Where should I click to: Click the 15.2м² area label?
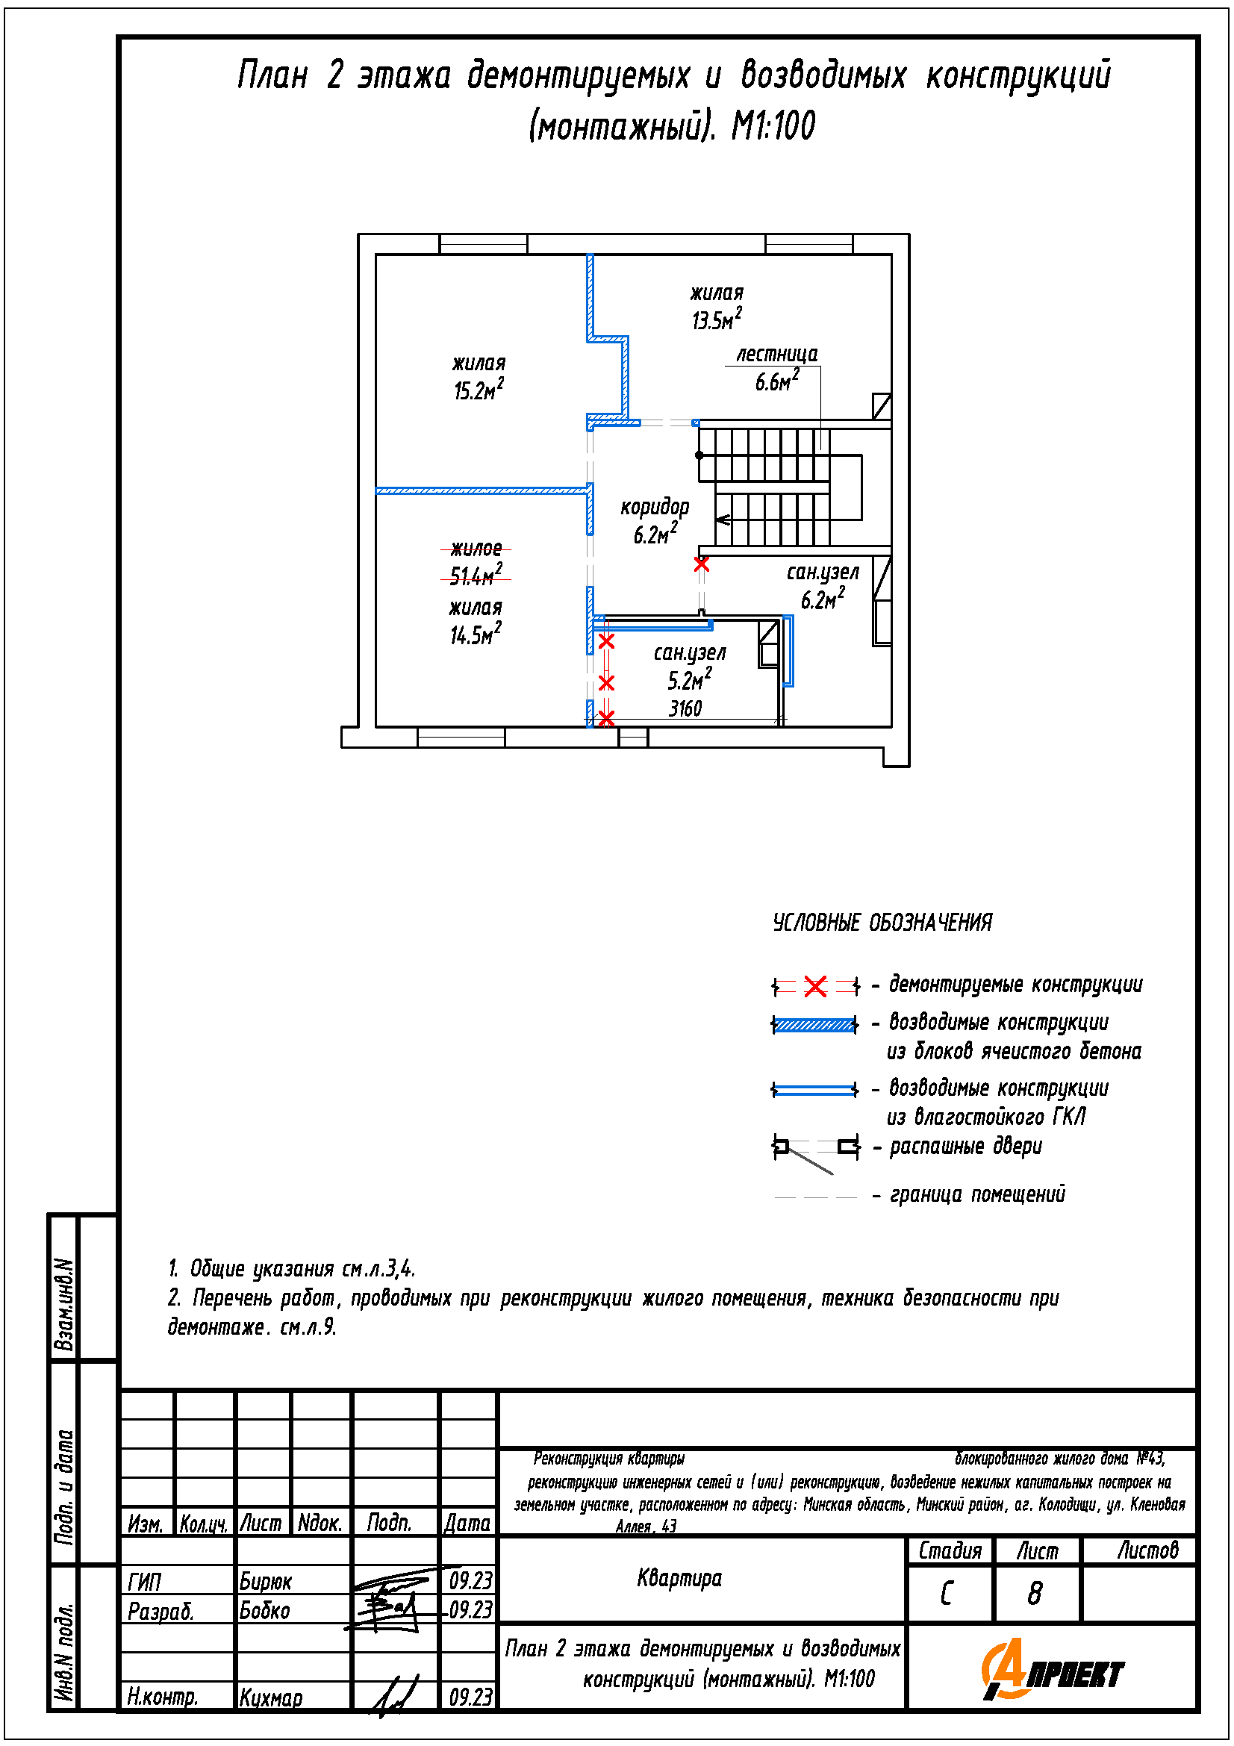[479, 391]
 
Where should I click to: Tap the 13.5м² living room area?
[715, 319]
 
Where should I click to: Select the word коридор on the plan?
[655, 507]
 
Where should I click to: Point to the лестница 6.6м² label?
[776, 368]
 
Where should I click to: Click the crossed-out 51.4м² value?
[476, 576]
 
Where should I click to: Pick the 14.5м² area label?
[476, 635]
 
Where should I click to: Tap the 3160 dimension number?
[685, 708]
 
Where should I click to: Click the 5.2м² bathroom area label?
[689, 680]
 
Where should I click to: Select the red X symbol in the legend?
[815, 987]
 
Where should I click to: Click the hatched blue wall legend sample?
[814, 1025]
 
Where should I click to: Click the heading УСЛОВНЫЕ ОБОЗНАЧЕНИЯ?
[882, 923]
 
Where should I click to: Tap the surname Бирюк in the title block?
[265, 1582]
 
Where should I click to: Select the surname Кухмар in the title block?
[271, 1697]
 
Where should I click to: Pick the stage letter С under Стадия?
[947, 1594]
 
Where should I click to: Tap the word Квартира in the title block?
[679, 1579]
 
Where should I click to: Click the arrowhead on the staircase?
[723, 520]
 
